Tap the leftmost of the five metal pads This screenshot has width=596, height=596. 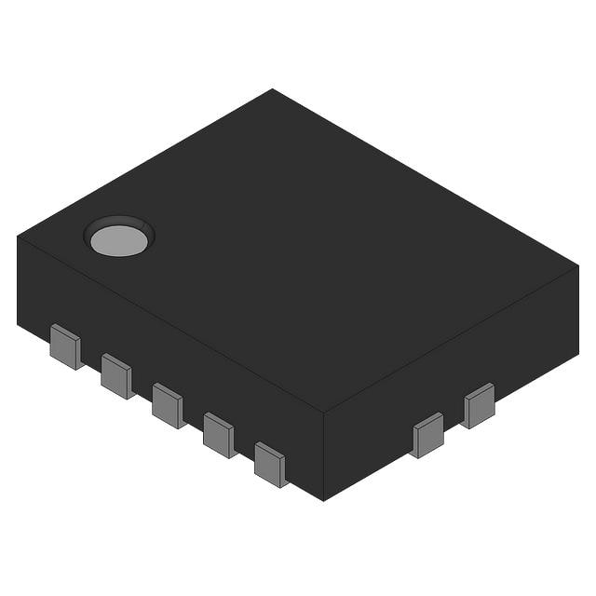click(65, 346)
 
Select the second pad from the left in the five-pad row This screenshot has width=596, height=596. click(116, 375)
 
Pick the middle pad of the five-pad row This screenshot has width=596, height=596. click(168, 405)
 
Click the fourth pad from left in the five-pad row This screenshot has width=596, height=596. click(219, 434)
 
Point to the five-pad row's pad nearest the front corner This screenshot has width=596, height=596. click(270, 464)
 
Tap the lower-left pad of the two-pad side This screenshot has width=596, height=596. click(428, 435)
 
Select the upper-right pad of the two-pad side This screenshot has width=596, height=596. click(479, 405)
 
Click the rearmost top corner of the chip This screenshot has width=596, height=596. click(273, 89)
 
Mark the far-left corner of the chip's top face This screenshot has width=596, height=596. click(18, 236)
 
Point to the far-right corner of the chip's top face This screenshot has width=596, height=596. click(578, 265)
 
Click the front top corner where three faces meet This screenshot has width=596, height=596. click(323, 412)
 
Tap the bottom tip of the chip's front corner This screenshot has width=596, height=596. click(323, 500)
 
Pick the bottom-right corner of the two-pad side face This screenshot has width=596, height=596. click(577, 354)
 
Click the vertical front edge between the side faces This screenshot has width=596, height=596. click(323, 456)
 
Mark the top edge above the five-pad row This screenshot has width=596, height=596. click(168, 322)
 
